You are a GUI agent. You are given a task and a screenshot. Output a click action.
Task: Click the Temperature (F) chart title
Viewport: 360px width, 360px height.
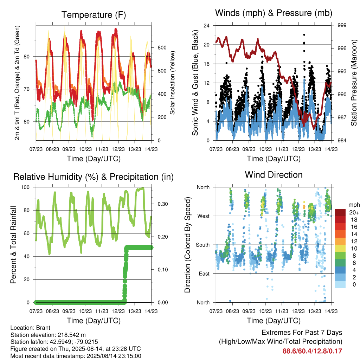[x=94, y=15]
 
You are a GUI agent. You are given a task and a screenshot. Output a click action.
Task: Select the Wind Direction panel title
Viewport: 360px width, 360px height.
[x=274, y=175]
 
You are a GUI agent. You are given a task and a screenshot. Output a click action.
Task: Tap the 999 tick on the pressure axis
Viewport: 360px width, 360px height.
[x=342, y=25]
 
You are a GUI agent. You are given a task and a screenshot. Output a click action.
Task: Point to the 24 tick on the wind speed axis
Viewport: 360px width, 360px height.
[x=206, y=25]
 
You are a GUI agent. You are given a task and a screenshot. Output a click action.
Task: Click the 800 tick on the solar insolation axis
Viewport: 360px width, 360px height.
[x=162, y=48]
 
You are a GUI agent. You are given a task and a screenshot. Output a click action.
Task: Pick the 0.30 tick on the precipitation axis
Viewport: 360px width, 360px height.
[x=162, y=204]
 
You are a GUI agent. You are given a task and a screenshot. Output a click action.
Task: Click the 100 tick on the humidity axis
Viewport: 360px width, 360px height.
[x=25, y=187]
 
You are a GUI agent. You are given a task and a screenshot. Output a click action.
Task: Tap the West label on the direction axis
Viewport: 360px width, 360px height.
[x=204, y=216]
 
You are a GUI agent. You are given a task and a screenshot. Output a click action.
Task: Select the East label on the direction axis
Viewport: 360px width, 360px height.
[x=204, y=274]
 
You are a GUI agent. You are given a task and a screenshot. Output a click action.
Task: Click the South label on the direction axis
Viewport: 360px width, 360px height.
[x=203, y=245]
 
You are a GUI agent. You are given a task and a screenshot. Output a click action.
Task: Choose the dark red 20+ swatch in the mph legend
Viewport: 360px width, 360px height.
[x=340, y=212]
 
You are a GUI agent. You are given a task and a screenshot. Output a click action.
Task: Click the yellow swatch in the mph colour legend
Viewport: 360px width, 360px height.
[x=340, y=249]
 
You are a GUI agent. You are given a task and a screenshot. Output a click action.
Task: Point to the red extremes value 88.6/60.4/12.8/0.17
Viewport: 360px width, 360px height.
[x=312, y=351]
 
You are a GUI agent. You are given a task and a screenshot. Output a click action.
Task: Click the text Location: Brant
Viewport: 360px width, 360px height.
[x=30, y=328]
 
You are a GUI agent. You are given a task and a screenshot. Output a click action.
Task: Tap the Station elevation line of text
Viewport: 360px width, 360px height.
[x=48, y=335]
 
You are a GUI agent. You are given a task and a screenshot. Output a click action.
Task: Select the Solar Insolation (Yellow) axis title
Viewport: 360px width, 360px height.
[x=172, y=83]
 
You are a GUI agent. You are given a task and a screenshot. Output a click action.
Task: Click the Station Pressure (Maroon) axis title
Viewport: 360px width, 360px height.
[x=354, y=83]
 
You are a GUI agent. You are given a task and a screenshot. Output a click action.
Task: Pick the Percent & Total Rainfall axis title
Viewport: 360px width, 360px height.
[x=13, y=245]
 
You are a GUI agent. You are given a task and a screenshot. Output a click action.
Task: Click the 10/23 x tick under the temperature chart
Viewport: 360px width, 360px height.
[x=85, y=149]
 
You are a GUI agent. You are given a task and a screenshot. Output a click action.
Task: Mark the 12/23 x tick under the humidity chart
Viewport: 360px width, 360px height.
[x=118, y=311]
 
